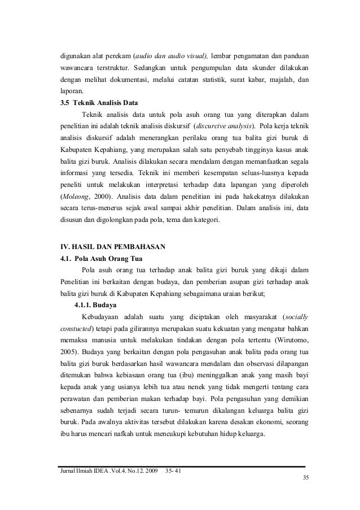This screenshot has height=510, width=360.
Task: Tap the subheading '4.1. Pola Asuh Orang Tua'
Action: [102, 260]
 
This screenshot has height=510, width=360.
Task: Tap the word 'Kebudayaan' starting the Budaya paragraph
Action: [103, 316]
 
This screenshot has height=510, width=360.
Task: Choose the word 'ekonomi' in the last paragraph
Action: [267, 423]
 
